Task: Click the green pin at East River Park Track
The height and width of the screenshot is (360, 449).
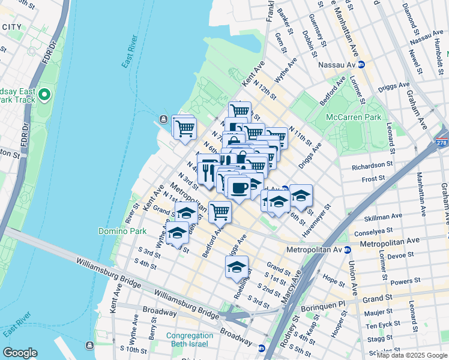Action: click(x=44, y=95)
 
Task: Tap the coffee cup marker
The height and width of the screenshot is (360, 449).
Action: click(x=240, y=187)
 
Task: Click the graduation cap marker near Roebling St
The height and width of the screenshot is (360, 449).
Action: click(x=237, y=267)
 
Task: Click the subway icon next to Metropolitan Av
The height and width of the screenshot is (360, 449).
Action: click(x=347, y=250)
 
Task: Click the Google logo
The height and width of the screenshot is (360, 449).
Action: click(x=20, y=352)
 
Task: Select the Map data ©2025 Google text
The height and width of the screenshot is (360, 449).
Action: click(x=412, y=355)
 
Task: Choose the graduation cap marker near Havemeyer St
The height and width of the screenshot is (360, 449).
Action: click(x=301, y=196)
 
